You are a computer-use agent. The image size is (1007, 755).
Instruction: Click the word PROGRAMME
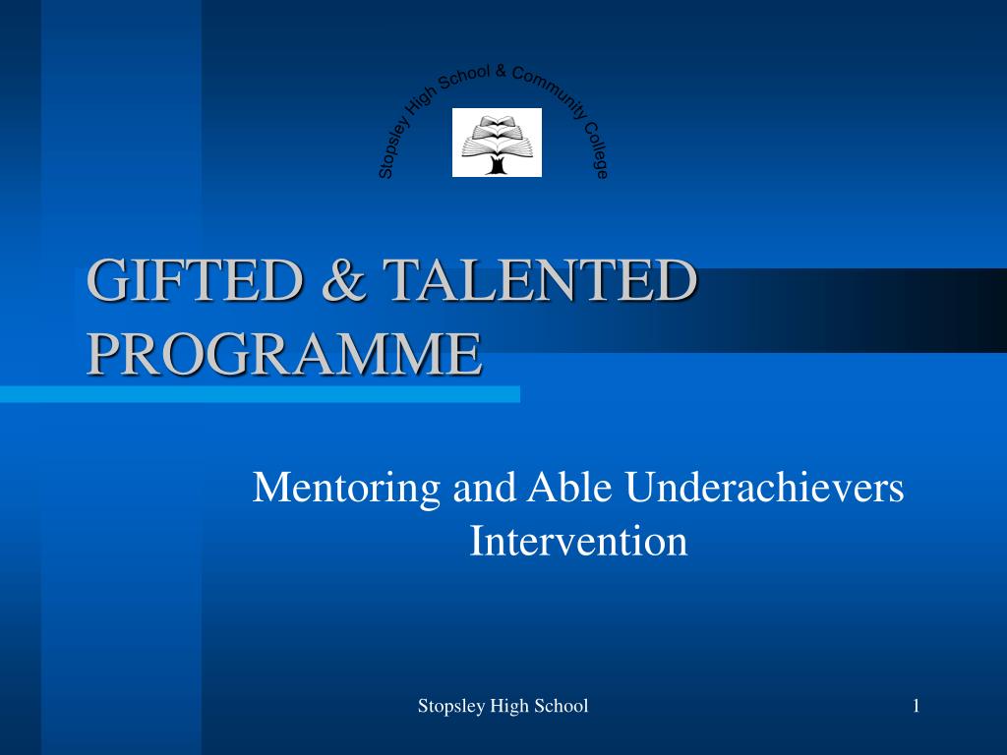(x=284, y=353)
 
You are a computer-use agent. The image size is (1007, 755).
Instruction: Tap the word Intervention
(x=578, y=541)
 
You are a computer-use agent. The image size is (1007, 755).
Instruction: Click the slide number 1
(x=916, y=705)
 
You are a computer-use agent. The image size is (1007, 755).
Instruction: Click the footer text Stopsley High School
(x=503, y=705)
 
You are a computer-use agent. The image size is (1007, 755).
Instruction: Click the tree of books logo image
(x=497, y=143)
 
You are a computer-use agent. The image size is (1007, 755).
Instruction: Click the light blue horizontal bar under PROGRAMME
(x=260, y=394)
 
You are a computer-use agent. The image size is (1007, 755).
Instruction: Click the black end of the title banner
(x=974, y=310)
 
